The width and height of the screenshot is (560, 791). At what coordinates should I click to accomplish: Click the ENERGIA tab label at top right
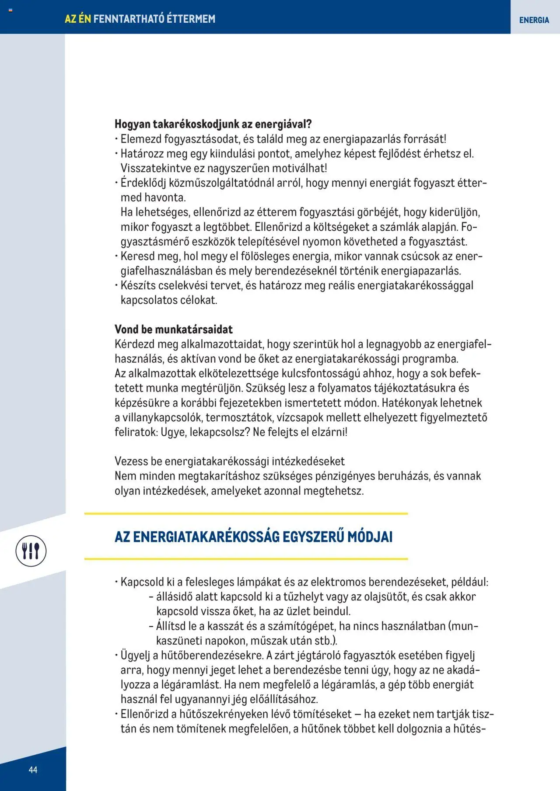pyautogui.click(x=534, y=20)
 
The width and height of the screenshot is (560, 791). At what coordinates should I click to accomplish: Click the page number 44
pyautogui.click(x=33, y=770)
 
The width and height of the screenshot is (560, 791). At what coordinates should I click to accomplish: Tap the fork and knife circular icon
pyautogui.click(x=31, y=551)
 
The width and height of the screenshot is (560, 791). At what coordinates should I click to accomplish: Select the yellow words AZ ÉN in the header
pyautogui.click(x=78, y=19)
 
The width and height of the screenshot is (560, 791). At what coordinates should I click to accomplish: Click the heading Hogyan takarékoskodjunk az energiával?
pyautogui.click(x=213, y=124)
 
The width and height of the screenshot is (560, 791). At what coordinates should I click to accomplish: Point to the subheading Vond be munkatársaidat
pyautogui.click(x=173, y=329)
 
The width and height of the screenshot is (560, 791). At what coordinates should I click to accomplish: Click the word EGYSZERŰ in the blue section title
pyautogui.click(x=313, y=537)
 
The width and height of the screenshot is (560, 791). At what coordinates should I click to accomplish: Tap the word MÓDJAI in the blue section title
pyautogui.click(x=370, y=537)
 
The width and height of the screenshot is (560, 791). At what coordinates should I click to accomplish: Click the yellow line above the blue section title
pyautogui.click(x=246, y=513)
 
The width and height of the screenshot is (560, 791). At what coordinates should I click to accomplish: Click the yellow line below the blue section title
pyautogui.click(x=246, y=559)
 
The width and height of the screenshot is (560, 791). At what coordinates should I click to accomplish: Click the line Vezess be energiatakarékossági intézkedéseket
pyautogui.click(x=229, y=461)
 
